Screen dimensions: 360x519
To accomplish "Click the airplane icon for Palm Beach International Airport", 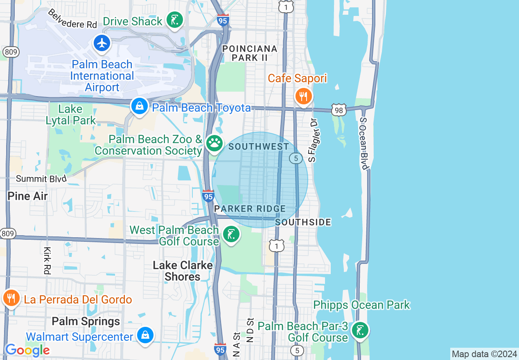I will (102, 43).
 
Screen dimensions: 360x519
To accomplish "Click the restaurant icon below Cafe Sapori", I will (303, 97).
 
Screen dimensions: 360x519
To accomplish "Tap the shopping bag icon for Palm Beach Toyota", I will (140, 106).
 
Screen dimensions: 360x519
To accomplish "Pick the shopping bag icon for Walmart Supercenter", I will (145, 335).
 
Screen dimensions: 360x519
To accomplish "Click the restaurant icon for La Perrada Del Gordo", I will (11, 298).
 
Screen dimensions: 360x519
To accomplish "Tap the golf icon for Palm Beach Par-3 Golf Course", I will (360, 330).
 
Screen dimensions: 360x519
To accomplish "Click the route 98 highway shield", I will (339, 109).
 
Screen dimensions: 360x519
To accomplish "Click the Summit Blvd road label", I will (41, 179).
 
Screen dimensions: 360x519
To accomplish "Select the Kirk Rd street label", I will (47, 260).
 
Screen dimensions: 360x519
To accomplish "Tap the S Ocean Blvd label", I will (364, 143).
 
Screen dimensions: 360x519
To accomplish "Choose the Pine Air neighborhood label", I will (27, 196).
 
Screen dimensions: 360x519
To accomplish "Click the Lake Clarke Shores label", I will (183, 271).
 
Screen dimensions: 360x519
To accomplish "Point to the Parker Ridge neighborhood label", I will (250, 209).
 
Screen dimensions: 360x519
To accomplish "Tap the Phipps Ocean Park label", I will (361, 305).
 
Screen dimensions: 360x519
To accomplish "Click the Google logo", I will (27, 350).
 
